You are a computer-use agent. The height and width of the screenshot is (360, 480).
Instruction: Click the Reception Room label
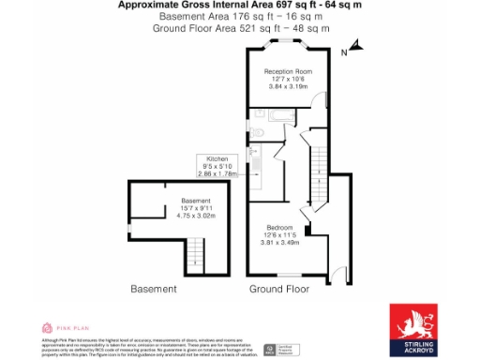click(287, 71)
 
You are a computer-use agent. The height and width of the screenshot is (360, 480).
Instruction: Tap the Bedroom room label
click(279, 228)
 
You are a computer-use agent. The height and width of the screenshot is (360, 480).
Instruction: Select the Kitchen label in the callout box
click(217, 159)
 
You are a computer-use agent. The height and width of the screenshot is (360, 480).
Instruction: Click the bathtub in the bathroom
click(280, 115)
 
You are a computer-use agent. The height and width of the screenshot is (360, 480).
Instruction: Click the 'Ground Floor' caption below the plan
click(278, 289)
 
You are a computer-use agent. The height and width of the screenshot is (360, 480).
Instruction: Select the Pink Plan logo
click(65, 328)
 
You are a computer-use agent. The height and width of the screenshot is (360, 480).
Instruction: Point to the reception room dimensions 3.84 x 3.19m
click(287, 86)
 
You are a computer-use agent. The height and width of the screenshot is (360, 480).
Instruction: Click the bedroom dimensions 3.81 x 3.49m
click(279, 243)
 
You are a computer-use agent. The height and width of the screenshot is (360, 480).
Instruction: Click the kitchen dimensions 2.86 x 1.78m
click(217, 173)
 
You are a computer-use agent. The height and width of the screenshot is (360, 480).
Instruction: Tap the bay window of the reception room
click(287, 44)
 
